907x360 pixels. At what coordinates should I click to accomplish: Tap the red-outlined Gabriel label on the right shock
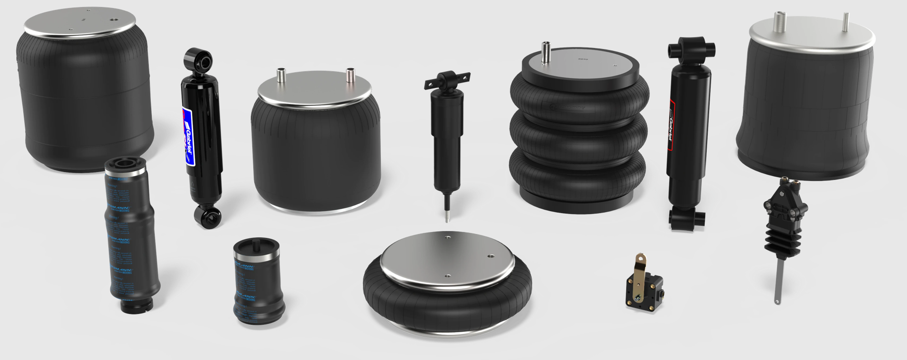point(672,126)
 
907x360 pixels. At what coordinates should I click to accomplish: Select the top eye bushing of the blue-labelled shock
point(199,60)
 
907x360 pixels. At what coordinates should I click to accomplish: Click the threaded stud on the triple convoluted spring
point(546,52)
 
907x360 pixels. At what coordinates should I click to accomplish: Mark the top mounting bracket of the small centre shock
point(447,80)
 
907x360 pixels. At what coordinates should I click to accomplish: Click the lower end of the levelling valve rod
point(777,299)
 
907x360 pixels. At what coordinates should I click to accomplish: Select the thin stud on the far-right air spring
point(846,23)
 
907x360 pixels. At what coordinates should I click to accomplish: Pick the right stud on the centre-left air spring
point(350,75)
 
